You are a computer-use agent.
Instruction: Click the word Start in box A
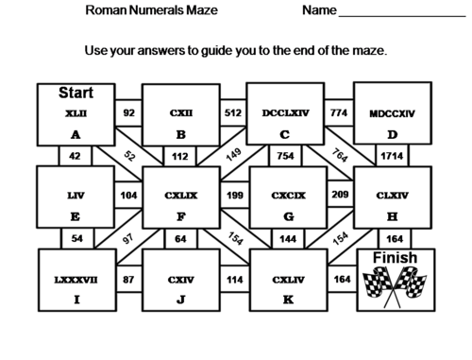point(75,93)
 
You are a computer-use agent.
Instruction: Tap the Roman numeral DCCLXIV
point(285,113)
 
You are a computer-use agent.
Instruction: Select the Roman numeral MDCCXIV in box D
point(392,113)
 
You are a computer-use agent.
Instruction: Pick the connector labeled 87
point(127,280)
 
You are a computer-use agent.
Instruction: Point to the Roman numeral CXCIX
point(285,197)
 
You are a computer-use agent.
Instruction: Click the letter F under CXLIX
point(180,216)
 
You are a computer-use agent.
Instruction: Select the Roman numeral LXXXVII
point(75,280)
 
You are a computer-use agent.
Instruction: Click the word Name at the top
point(320,11)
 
